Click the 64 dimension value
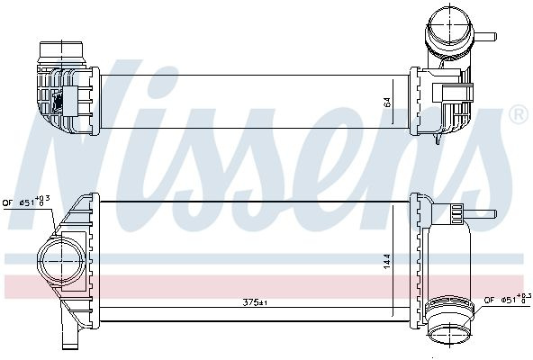[387, 102]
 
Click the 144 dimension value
[387, 261]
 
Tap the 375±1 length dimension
[255, 302]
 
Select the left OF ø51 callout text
[26, 202]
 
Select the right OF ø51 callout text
[508, 299]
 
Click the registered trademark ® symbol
[519, 114]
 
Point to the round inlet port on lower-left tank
[61, 261]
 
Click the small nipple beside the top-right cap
[485, 36]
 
